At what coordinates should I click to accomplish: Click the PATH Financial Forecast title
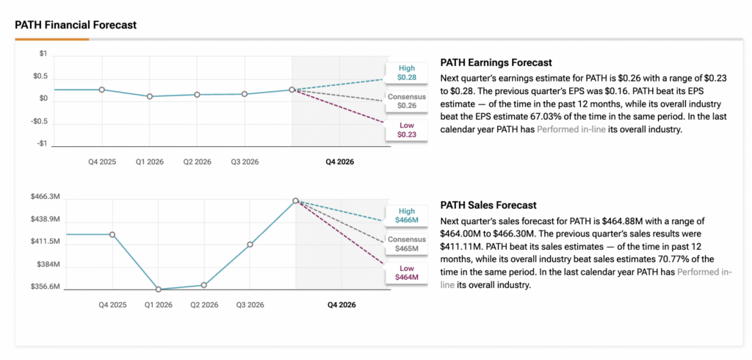click(76, 24)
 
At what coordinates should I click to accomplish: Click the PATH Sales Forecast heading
click(488, 206)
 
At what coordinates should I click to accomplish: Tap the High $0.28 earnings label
click(406, 73)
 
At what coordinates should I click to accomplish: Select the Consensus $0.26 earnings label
click(406, 101)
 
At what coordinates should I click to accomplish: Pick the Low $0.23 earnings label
click(406, 129)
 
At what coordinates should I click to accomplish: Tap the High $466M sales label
click(406, 215)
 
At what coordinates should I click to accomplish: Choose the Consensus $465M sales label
click(406, 244)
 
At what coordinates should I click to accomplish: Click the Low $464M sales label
click(406, 272)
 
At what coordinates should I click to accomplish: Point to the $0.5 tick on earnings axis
click(40, 76)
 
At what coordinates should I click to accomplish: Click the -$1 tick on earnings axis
click(43, 144)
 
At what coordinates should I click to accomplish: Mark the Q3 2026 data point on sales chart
click(250, 244)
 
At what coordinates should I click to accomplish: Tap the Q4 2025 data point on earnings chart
click(102, 90)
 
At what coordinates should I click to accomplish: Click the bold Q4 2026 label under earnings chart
click(340, 161)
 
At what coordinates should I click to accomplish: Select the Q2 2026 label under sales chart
click(204, 304)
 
